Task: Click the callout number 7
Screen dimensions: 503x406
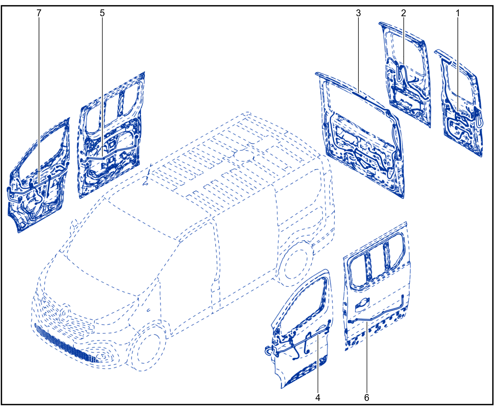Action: [39, 13]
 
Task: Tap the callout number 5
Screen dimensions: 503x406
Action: [102, 13]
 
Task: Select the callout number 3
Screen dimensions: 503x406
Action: [358, 13]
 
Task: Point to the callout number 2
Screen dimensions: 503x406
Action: [403, 13]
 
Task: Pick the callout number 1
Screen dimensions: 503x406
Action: [458, 13]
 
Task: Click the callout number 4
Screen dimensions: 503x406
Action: [318, 398]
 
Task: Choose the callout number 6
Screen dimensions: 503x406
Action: [366, 398]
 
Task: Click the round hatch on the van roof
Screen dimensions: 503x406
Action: [244, 155]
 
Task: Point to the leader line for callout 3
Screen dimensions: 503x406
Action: [358, 55]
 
